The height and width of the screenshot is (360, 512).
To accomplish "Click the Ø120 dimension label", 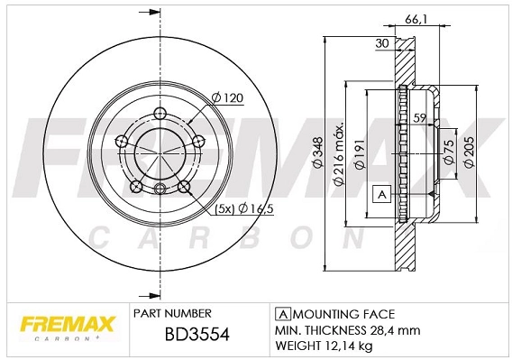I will click(x=228, y=97).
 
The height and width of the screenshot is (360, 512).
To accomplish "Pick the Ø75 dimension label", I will click(x=447, y=153).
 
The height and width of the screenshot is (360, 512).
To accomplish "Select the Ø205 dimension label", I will click(x=468, y=154).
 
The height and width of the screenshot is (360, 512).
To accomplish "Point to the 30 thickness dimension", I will click(x=380, y=42).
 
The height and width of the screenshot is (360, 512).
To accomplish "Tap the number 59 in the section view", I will click(x=418, y=117).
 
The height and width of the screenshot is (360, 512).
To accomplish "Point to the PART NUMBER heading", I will click(x=172, y=314).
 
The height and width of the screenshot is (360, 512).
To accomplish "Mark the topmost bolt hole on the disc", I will click(x=160, y=113).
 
